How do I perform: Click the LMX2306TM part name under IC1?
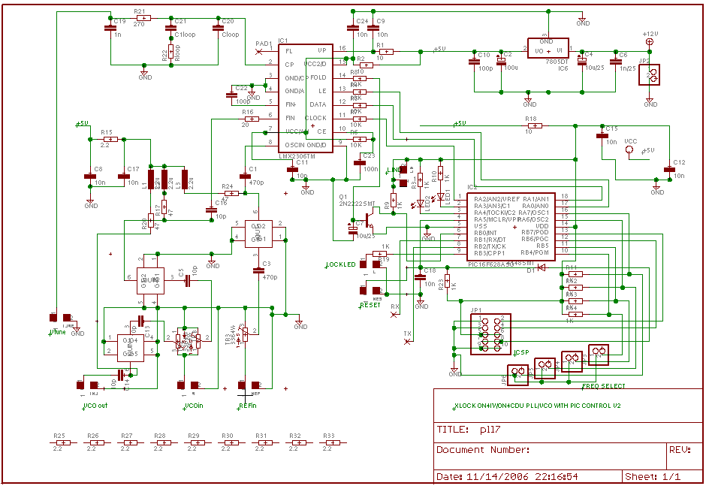(296, 156)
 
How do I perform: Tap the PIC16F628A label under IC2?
(490, 264)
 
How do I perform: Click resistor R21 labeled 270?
(140, 20)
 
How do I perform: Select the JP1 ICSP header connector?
(490, 334)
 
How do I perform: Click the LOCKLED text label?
(341, 264)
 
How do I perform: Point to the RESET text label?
(370, 305)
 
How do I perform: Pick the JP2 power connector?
(653, 74)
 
